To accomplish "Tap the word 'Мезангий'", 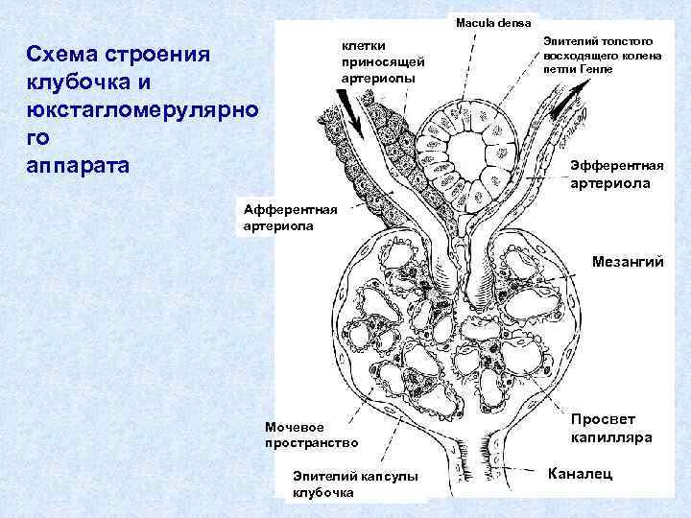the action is pos(628,261).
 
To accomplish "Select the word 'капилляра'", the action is pos(610,437).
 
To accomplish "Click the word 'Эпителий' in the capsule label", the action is pos(322,476).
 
